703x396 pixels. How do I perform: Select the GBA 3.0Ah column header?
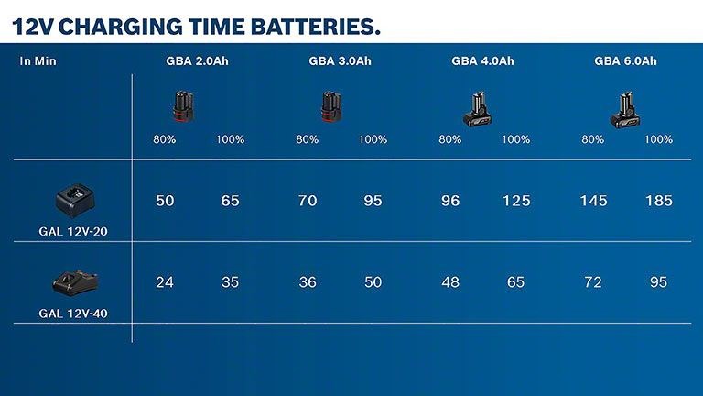coord(341,61)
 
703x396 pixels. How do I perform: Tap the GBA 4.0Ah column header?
coord(483,61)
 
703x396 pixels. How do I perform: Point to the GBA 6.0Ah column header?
coord(626,61)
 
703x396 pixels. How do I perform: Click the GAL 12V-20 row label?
coord(73,232)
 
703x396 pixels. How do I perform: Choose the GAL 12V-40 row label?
coord(73,313)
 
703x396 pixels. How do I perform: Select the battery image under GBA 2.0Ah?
coord(182,106)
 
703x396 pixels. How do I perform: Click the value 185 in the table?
coord(658,201)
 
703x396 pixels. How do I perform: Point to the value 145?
coord(593,201)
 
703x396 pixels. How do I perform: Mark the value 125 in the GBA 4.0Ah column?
coord(516,201)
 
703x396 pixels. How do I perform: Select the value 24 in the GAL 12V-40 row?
coord(165,282)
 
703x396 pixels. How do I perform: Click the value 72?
coord(593,282)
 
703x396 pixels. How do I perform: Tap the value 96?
coord(450,201)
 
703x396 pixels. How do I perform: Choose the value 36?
coord(308,282)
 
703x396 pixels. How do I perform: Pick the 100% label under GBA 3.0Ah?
coord(373,140)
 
